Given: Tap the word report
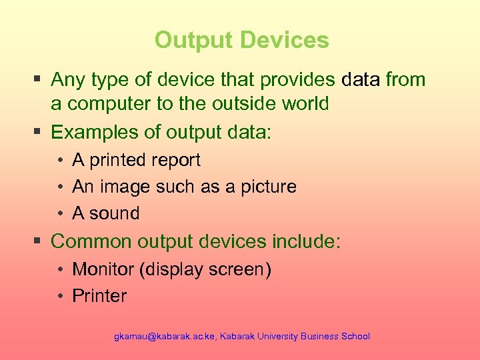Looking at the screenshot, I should (176, 161).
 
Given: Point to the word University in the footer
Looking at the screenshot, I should (275, 337).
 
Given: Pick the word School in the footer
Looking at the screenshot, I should (355, 337).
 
